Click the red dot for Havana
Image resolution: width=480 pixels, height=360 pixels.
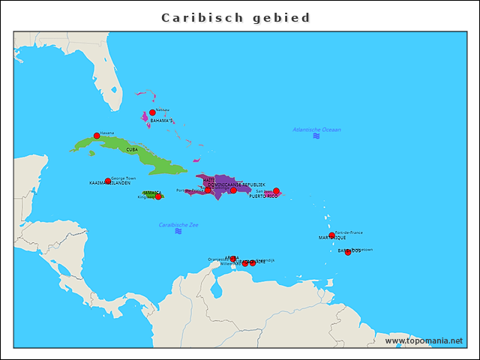(97, 136)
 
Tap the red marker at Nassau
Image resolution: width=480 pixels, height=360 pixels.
(152, 112)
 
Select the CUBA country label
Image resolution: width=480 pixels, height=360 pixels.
(132, 149)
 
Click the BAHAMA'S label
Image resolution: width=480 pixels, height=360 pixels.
(161, 120)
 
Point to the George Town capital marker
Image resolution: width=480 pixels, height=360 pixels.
(107, 181)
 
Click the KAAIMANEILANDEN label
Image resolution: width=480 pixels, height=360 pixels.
(110, 183)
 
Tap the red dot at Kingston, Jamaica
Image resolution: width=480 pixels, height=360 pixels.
(157, 196)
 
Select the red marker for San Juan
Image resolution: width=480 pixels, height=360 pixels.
(276, 191)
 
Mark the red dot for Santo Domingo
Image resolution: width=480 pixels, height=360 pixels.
(233, 190)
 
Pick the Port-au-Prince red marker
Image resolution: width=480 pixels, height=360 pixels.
(208, 190)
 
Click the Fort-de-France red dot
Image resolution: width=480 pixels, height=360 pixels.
(331, 235)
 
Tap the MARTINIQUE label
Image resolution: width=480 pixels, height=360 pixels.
(332, 238)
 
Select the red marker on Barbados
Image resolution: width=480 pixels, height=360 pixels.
(347, 252)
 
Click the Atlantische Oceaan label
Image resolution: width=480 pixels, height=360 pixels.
(316, 130)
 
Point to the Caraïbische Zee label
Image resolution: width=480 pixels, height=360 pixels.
(178, 224)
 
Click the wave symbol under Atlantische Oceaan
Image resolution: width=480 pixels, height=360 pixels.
(316, 136)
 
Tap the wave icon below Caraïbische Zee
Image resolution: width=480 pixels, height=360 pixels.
(178, 232)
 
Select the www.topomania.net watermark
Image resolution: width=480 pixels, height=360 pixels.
(424, 340)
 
